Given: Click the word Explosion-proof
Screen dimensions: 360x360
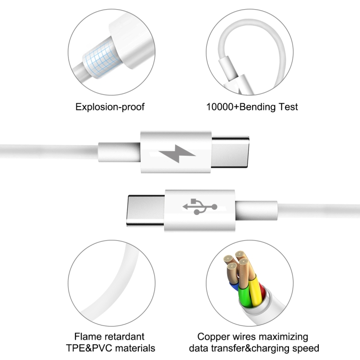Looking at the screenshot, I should click(x=110, y=107).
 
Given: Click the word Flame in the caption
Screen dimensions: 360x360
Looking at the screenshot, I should click(x=88, y=336).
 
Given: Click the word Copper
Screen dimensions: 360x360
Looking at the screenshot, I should click(x=215, y=336).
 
